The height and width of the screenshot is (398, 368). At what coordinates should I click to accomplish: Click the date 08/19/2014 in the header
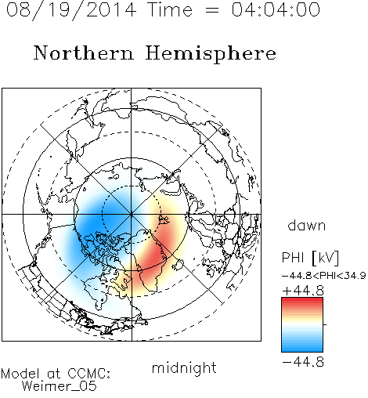71,10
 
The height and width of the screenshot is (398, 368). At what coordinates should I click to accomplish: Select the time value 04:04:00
276,9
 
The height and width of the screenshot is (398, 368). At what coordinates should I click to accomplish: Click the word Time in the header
170,9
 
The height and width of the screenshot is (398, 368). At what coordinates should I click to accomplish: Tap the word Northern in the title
84,52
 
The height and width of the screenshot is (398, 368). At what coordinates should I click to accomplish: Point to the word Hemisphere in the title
211,54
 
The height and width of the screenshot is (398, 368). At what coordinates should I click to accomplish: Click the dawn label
307,225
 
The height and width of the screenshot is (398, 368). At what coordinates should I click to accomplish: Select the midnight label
184,368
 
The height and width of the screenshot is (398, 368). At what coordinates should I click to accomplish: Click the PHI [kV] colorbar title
310,258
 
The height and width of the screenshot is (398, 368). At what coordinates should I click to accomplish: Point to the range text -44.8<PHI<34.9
324,276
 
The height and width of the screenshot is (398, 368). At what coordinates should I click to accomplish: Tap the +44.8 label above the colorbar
303,291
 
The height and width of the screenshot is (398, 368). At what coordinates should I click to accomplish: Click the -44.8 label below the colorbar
303,362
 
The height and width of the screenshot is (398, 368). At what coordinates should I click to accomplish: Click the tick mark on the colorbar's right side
325,324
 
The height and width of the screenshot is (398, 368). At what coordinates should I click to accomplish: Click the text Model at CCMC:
56,374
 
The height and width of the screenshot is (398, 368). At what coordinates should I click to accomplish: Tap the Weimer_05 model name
60,386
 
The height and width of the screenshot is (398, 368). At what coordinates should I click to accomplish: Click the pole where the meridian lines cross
132,215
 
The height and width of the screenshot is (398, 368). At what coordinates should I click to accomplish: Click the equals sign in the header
211,10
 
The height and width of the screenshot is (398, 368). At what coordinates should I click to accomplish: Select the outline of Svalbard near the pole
164,220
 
